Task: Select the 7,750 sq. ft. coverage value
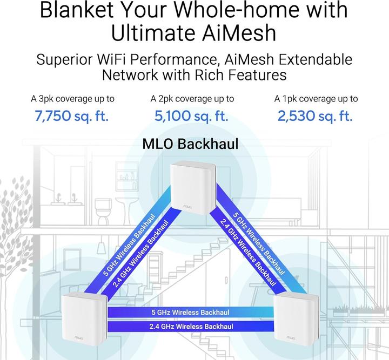coord(72,116)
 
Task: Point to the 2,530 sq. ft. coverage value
coord(316,116)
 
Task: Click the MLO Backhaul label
coord(190,144)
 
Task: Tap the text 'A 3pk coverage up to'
coord(72,99)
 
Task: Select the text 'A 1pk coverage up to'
coord(316,99)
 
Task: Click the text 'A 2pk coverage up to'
coord(192,99)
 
